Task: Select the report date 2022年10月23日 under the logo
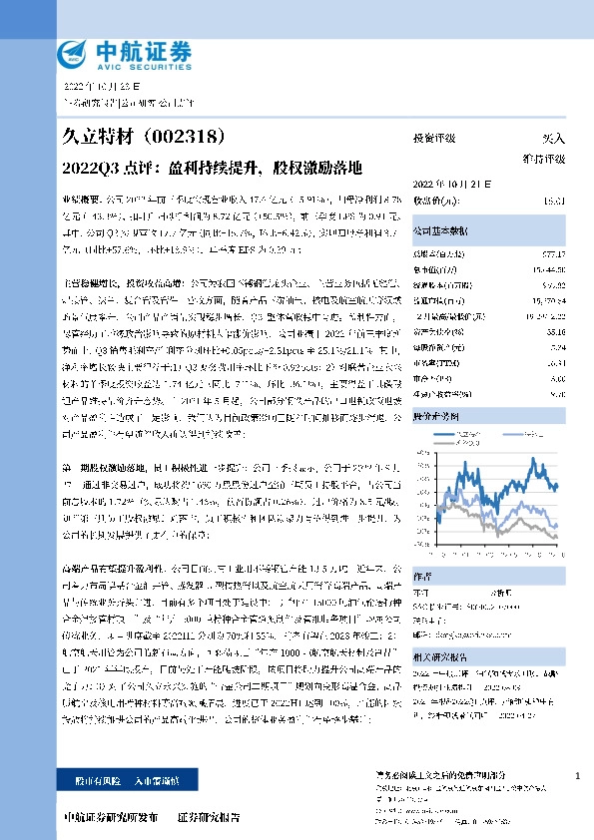[x=104, y=87]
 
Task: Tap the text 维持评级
[x=545, y=159]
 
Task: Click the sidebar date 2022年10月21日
[x=448, y=184]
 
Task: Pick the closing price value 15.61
[x=555, y=201]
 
